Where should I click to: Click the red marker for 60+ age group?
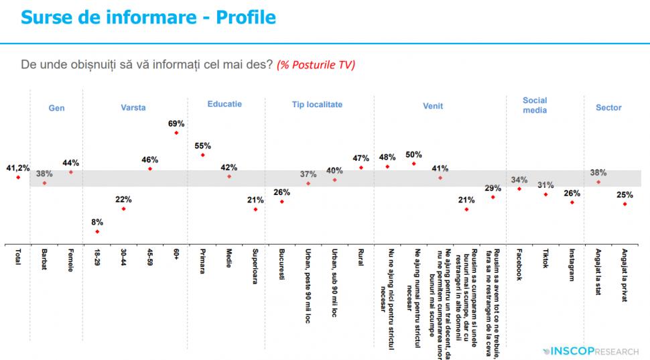point(176,133)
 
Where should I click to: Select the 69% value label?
point(176,123)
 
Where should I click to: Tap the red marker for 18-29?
point(97,232)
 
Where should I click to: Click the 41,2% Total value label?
point(17,168)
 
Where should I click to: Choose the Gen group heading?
point(56,108)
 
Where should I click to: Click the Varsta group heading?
point(133,108)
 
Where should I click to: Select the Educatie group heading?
point(224,104)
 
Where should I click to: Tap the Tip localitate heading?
point(317,105)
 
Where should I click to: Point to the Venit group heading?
point(433,107)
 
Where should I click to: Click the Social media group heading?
point(535,105)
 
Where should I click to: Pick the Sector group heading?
point(608,107)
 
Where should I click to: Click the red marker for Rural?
point(361,168)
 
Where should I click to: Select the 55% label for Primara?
point(202,145)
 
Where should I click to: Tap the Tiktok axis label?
point(545,260)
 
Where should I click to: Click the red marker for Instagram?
point(572,202)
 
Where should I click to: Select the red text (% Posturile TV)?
point(316,65)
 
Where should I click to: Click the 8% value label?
point(97,222)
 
